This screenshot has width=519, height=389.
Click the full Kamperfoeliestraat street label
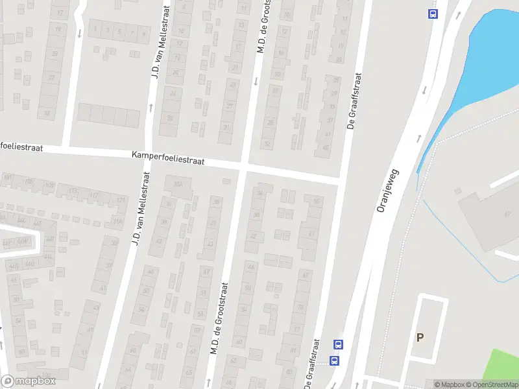(168, 159)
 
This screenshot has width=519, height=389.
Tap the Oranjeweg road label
(389, 191)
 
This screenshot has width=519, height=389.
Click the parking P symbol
(420, 337)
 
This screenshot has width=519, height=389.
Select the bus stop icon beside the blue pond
(432, 14)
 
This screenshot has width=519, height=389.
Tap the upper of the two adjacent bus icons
(337, 344)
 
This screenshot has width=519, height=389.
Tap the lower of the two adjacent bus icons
(335, 360)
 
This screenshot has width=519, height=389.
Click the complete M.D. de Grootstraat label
(219, 318)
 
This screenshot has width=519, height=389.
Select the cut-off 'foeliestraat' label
(21, 148)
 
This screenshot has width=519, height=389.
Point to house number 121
(120, 200)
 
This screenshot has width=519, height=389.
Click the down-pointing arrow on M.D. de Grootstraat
(256, 82)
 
